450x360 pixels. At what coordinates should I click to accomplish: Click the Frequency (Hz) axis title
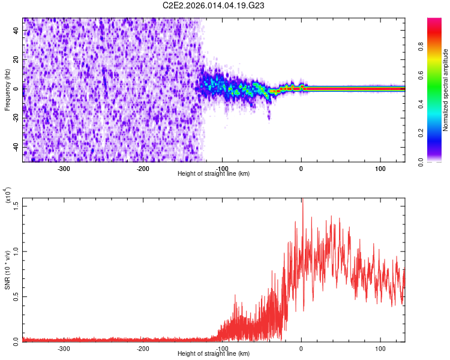pos(8,90)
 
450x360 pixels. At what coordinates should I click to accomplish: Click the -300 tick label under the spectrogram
pos(64,168)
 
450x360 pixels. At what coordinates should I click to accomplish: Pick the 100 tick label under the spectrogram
pos(380,168)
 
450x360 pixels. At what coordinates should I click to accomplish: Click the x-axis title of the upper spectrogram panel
pos(214,173)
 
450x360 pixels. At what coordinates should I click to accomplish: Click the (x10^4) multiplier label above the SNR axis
pos(8,196)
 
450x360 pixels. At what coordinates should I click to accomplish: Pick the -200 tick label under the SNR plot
pos(143,348)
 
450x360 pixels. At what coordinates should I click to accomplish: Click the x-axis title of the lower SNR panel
pos(214,353)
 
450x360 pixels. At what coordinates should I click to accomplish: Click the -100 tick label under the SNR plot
pos(222,348)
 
